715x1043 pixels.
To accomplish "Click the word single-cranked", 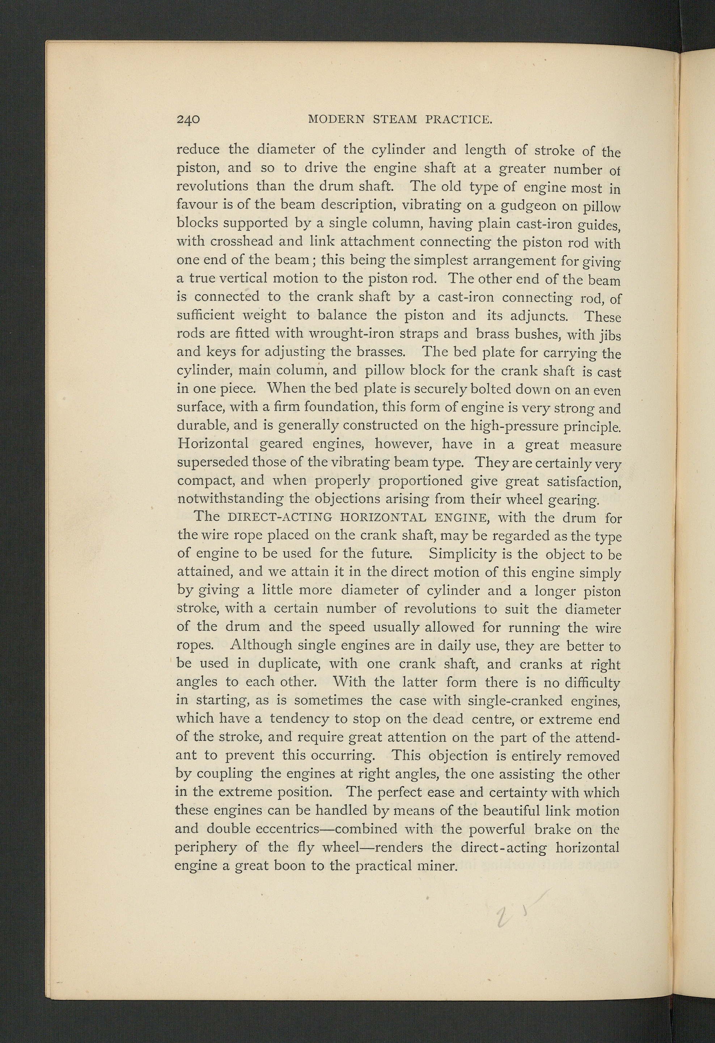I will click(x=515, y=701).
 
